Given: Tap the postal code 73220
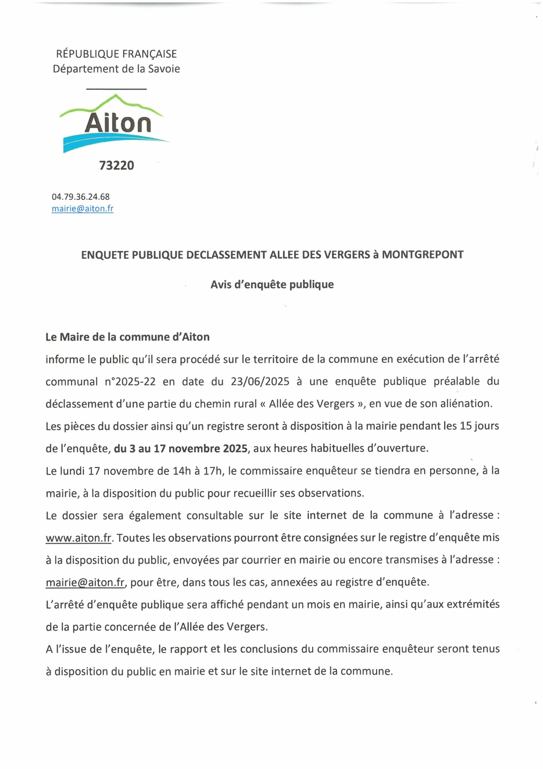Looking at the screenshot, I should [116, 166].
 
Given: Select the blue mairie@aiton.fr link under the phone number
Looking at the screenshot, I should [82, 209].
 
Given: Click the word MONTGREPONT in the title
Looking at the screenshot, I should [423, 254].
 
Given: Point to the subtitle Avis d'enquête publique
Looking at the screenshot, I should [272, 284].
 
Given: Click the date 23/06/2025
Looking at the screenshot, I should [259, 381].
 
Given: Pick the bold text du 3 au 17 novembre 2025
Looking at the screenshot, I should [181, 448].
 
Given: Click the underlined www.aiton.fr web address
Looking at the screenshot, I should [78, 538].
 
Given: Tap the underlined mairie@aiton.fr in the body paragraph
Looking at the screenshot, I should [85, 582].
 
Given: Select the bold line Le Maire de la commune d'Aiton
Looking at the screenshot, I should [127, 337].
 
